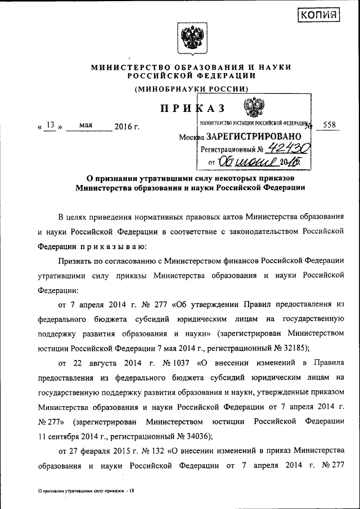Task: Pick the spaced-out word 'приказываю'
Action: coord(112,246)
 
